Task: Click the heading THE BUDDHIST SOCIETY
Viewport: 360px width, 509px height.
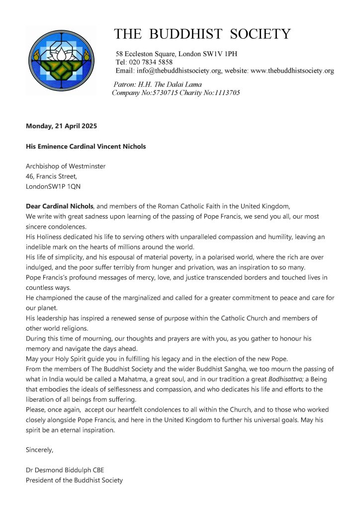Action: [202, 34]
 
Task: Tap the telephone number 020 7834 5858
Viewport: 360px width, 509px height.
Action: [151, 62]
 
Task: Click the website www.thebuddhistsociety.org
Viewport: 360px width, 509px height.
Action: [292, 71]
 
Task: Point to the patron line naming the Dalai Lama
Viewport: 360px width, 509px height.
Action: [158, 85]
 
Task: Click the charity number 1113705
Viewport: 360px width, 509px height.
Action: [222, 92]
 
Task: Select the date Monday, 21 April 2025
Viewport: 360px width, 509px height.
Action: [61, 126]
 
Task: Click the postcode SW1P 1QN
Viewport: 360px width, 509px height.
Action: [59, 187]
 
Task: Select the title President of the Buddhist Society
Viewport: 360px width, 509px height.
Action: [74, 480]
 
